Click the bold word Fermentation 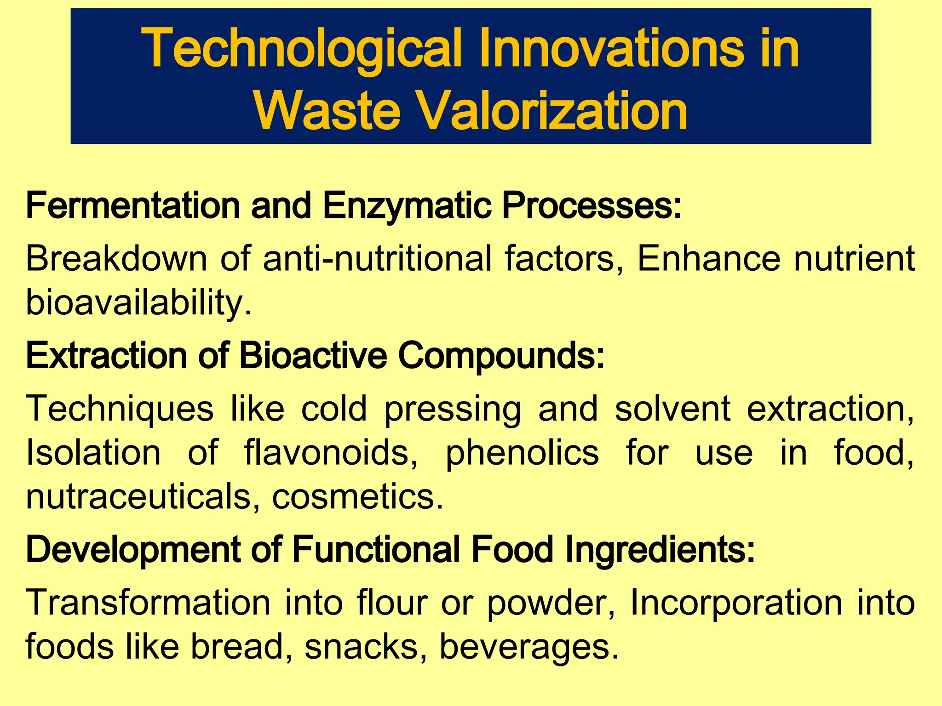pyautogui.click(x=133, y=205)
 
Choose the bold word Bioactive pyautogui.click(x=313, y=355)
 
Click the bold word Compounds pyautogui.click(x=501, y=355)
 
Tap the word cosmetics pyautogui.click(x=358, y=497)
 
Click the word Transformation pyautogui.click(x=148, y=603)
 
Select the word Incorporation pyautogui.click(x=736, y=603)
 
